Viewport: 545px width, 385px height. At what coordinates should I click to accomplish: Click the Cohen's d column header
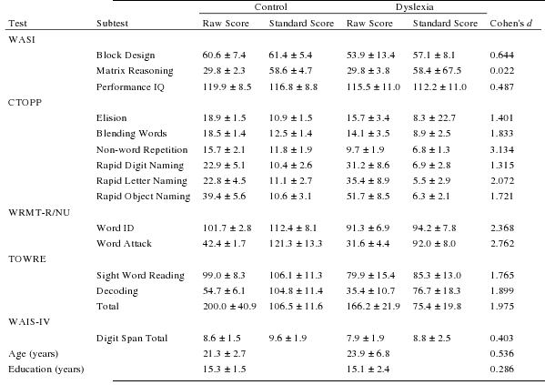(x=511, y=24)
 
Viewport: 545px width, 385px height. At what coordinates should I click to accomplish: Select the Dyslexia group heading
(x=415, y=7)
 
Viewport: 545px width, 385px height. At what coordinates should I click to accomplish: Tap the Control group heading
(x=271, y=7)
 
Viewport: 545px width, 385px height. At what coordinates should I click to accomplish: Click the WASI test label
(x=22, y=40)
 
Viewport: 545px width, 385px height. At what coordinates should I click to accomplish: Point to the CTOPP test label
(x=25, y=103)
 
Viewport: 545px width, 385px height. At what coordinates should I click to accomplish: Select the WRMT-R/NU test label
(x=39, y=212)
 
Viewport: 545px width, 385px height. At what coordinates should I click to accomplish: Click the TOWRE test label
(x=27, y=259)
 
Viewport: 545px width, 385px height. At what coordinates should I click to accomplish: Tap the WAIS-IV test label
(x=29, y=322)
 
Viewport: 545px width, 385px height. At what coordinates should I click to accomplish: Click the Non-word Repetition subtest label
(x=142, y=150)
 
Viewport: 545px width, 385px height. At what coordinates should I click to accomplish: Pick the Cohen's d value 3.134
(x=502, y=150)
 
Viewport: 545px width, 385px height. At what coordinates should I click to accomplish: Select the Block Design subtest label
(x=126, y=56)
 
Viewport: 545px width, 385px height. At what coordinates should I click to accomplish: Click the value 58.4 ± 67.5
(x=437, y=71)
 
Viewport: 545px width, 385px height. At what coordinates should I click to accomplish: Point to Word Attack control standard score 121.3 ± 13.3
(x=296, y=243)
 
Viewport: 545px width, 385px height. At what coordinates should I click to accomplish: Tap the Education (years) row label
(x=46, y=370)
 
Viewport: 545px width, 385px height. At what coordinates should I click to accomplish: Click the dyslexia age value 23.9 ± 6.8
(x=368, y=354)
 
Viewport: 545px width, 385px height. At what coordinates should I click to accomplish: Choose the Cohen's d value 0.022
(x=502, y=71)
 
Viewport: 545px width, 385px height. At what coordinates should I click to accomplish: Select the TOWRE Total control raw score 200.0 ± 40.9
(x=229, y=307)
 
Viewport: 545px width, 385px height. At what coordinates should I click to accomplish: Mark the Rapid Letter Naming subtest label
(x=141, y=181)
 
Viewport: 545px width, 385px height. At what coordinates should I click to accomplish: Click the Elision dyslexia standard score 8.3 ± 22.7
(x=434, y=118)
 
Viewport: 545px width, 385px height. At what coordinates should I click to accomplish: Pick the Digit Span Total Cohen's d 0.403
(x=502, y=339)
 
